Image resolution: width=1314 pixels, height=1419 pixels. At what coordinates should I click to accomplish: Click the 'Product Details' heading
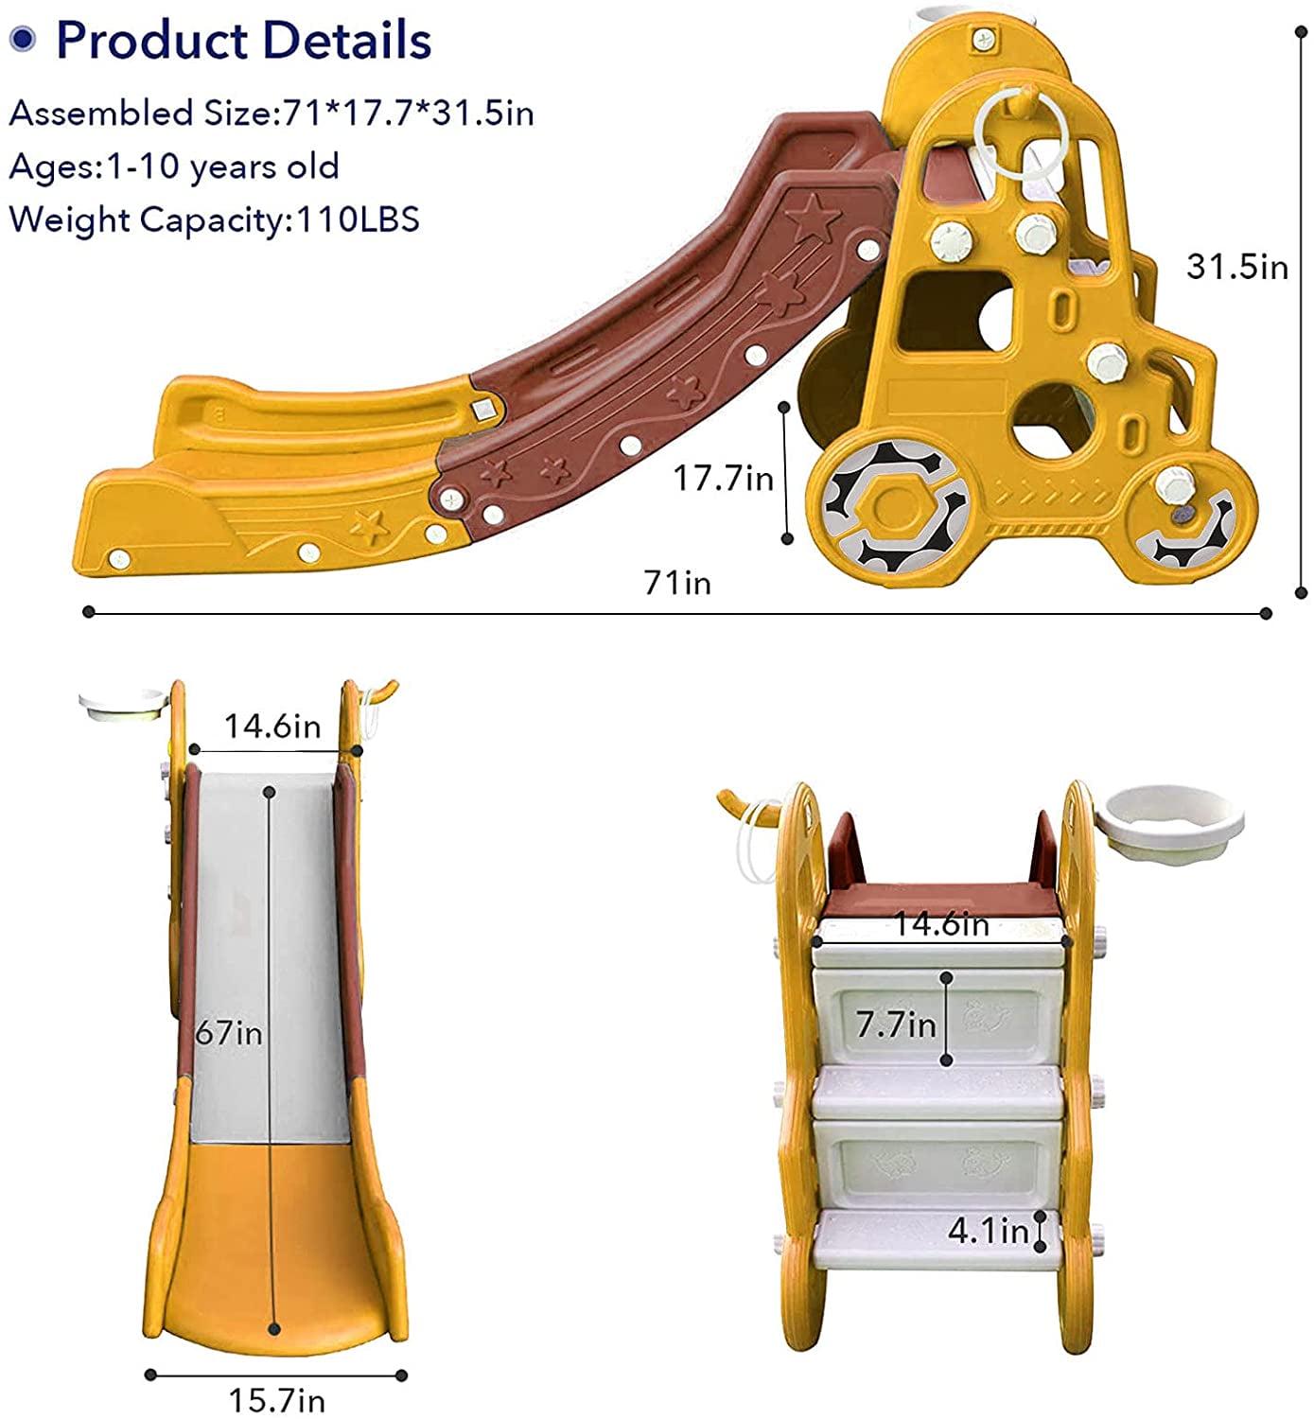tap(244, 40)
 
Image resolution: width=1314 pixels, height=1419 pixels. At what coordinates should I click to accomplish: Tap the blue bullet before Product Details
tap(23, 40)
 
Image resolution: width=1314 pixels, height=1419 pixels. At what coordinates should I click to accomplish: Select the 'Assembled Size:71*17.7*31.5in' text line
tap(272, 114)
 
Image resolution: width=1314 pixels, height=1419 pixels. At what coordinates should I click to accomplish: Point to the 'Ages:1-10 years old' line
tap(174, 166)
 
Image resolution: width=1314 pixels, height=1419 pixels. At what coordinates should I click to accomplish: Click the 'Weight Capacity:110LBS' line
tap(215, 219)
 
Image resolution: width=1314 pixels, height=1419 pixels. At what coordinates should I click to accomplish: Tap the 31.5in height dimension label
tap(1237, 267)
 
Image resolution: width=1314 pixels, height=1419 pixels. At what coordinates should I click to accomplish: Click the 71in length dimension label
tap(677, 583)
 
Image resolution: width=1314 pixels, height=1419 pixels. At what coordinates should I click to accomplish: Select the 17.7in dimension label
tap(723, 478)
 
